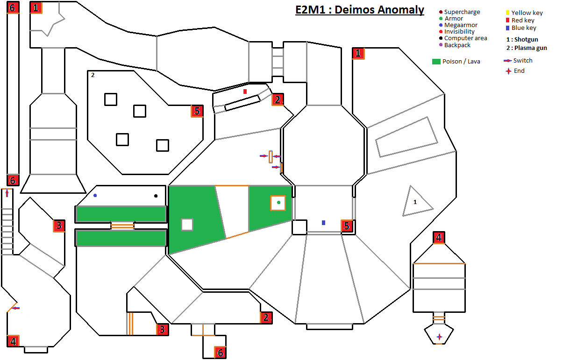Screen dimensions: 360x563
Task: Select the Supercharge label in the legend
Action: click(462, 12)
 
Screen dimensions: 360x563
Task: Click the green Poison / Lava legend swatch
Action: click(437, 62)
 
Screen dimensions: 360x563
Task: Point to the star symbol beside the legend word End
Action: click(508, 71)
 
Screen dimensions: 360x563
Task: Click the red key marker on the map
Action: click(245, 92)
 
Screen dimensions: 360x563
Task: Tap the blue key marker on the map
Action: click(323, 223)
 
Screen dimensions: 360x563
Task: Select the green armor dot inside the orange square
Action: click(278, 202)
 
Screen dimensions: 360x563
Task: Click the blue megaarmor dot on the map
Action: click(95, 196)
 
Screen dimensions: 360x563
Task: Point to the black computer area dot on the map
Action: click(156, 196)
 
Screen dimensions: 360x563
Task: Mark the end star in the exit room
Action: click(439, 337)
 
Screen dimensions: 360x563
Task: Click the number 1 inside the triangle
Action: click(415, 203)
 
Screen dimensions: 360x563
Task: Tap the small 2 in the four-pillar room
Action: click(93, 75)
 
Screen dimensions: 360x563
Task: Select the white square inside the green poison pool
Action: click(187, 225)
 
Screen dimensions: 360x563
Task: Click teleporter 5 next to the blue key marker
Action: click(346, 226)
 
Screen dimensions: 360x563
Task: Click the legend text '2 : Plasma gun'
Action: click(527, 48)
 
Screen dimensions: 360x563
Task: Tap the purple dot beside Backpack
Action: click(440, 45)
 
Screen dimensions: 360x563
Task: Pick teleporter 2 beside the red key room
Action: click(278, 99)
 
